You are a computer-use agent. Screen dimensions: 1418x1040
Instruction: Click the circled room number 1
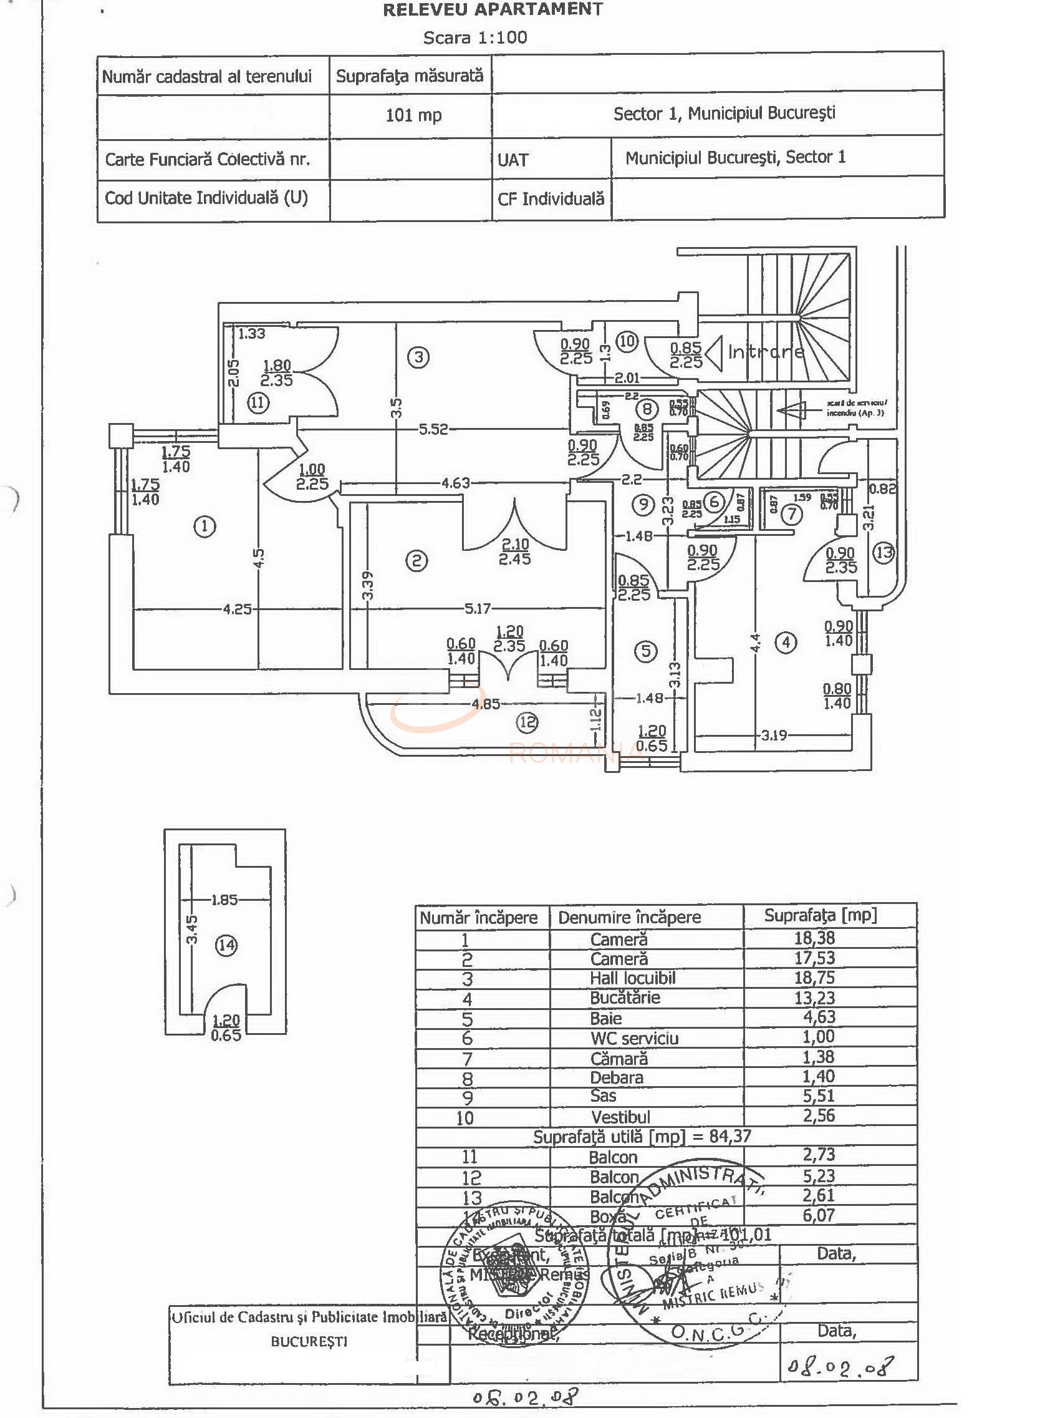click(205, 526)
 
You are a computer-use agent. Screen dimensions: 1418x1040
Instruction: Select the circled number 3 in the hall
click(418, 358)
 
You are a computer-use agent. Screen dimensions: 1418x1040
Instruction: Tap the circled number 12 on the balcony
click(527, 722)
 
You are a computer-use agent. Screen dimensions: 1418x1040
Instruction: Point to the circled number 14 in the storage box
click(226, 945)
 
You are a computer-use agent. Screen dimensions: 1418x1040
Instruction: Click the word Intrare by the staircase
click(766, 351)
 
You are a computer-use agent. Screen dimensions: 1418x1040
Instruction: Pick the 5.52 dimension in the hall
click(433, 430)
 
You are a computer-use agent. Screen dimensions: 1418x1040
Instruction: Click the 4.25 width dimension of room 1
click(238, 609)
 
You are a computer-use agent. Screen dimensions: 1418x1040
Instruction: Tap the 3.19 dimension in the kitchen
click(773, 735)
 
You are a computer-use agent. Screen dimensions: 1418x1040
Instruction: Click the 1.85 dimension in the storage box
click(224, 900)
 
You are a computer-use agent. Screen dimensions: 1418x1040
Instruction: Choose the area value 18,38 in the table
click(814, 938)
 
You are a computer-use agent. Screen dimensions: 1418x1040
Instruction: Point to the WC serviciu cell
click(634, 1038)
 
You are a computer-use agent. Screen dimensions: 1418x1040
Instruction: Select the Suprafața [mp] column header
click(821, 915)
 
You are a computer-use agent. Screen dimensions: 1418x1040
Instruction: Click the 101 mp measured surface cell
click(413, 115)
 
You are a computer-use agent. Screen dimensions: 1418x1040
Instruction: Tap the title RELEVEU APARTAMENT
click(493, 9)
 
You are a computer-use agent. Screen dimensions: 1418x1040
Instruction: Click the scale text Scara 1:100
click(475, 38)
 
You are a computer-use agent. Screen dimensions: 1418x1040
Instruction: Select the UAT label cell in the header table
click(513, 160)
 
